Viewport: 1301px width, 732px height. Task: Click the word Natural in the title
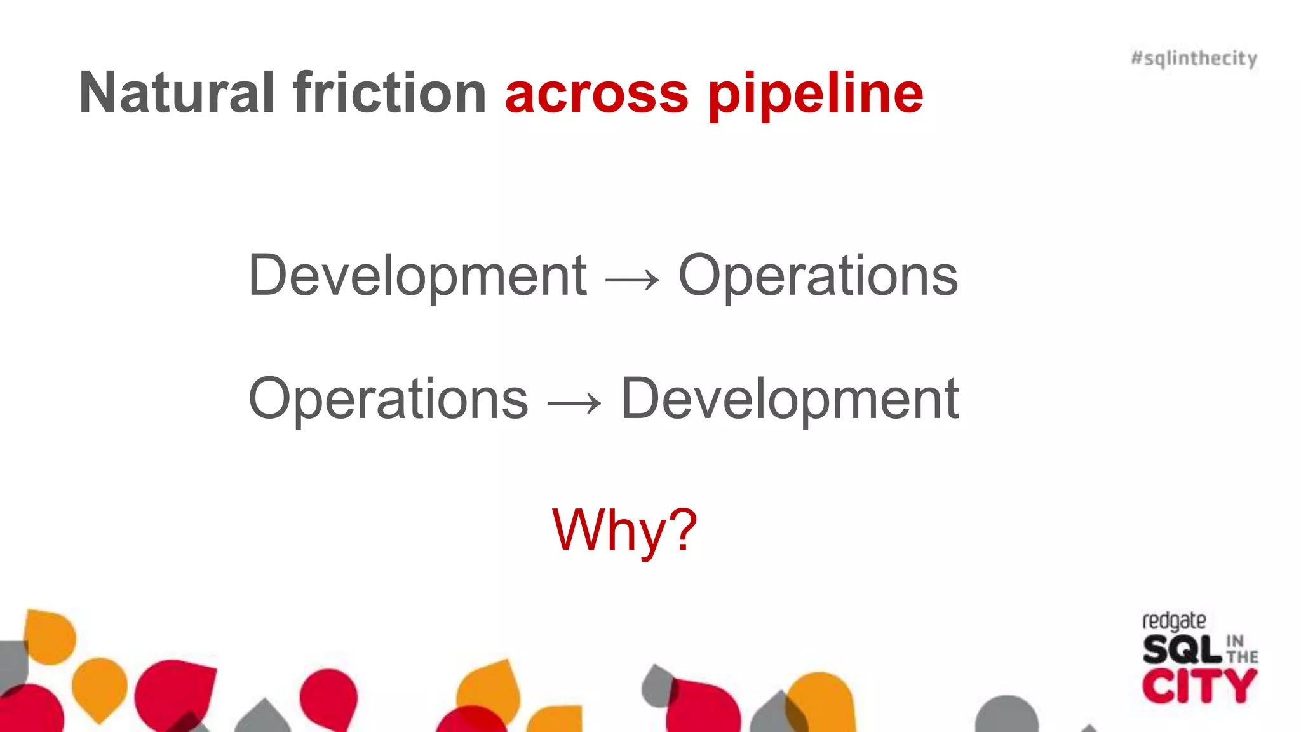[x=177, y=93]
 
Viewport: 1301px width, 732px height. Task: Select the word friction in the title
[x=389, y=93]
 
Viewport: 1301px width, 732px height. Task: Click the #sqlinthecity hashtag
[x=1194, y=58]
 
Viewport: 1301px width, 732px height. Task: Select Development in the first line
[x=417, y=276]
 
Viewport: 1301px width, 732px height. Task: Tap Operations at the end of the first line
[x=818, y=276]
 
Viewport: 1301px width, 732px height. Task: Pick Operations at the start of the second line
[x=388, y=399]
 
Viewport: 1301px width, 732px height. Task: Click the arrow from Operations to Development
[x=574, y=402]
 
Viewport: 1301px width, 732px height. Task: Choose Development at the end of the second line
[x=790, y=399]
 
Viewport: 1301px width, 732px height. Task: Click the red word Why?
[x=624, y=530]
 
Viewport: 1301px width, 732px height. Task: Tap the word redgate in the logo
[x=1174, y=621]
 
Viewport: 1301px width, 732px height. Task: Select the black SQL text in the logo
[x=1182, y=649]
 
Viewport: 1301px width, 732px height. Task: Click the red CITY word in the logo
[x=1199, y=687]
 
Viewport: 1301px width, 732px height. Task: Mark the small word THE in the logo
[x=1243, y=656]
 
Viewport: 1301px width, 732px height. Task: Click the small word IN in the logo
[x=1234, y=640]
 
